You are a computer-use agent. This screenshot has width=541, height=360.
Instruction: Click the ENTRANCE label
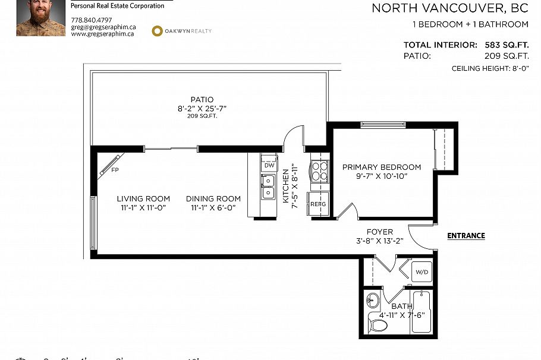(465, 236)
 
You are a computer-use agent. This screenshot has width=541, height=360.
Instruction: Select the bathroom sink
(373, 299)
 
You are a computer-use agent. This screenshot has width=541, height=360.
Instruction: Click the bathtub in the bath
(423, 311)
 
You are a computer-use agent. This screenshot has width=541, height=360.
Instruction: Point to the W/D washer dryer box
(422, 272)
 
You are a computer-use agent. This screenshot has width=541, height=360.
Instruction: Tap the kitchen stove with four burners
(319, 171)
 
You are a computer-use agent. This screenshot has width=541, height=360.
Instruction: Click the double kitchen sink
(268, 186)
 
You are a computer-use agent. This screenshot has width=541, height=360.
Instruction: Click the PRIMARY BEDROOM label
(381, 168)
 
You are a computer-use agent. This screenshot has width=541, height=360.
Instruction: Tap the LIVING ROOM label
(143, 199)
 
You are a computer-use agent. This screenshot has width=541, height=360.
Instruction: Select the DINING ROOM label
(213, 199)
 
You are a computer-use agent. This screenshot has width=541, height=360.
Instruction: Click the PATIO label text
(202, 100)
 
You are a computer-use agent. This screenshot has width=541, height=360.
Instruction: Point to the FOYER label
(379, 232)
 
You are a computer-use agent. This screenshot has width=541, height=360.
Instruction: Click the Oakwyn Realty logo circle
(158, 31)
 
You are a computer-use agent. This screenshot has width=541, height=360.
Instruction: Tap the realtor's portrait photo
(40, 18)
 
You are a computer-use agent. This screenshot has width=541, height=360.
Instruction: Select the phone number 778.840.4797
(91, 20)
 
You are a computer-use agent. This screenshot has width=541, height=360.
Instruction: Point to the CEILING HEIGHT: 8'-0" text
(490, 69)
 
